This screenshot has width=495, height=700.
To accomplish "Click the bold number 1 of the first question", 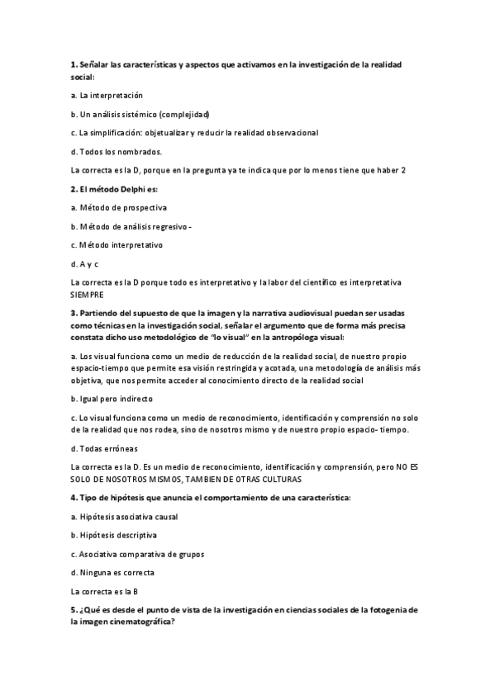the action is point(73,64).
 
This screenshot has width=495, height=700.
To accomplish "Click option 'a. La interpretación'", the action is point(107,95).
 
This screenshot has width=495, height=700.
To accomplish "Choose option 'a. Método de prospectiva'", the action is point(118,207).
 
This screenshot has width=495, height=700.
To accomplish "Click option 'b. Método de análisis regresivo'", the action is point(130,226).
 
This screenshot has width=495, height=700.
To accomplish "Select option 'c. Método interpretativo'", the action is point(117,245).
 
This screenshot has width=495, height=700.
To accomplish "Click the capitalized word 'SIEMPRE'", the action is point(89,293).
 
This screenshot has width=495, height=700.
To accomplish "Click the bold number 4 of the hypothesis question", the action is point(74,498).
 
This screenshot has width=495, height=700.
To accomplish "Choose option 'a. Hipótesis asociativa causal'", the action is point(124,517).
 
